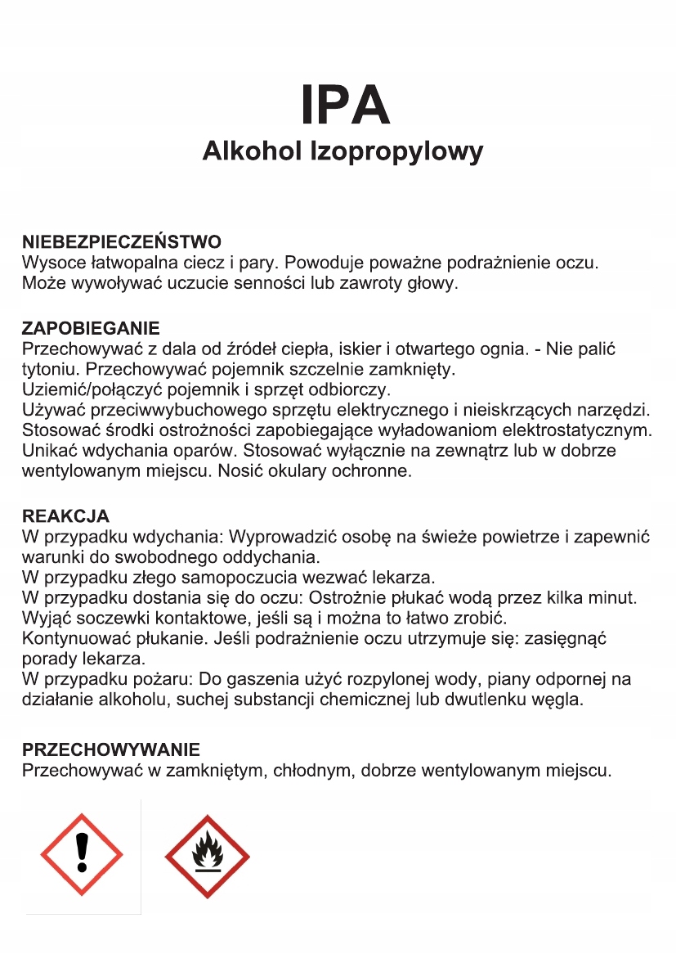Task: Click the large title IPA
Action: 345,104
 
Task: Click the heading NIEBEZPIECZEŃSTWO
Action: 122,242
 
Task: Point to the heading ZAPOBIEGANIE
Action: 91,329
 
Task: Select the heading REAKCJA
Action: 65,516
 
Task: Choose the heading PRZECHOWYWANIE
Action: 111,749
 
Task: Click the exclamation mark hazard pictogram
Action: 82,855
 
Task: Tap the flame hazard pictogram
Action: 207,857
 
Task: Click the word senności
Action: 293,284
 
